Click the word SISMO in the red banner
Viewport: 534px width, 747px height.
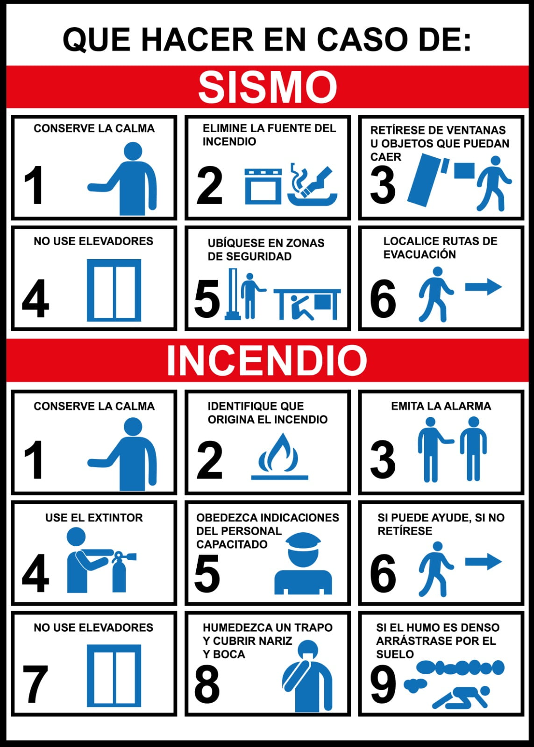[267, 87]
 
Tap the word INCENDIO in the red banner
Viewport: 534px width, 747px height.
[267, 360]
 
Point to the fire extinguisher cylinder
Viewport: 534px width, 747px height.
[119, 576]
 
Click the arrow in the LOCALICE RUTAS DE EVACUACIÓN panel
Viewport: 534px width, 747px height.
[484, 286]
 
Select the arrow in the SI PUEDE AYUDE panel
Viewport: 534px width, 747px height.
[484, 561]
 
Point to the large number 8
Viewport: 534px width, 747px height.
[207, 684]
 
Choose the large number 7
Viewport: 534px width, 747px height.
[35, 684]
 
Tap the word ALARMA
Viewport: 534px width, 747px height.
[466, 406]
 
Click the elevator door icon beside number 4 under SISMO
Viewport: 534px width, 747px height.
[114, 290]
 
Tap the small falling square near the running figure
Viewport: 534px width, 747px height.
[464, 170]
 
